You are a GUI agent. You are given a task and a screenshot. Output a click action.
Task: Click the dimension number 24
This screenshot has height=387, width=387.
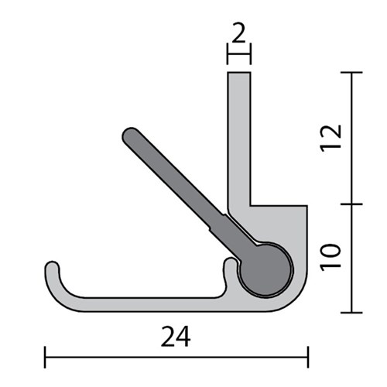[176, 337]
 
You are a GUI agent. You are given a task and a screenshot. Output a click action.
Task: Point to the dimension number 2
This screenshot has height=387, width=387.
[238, 33]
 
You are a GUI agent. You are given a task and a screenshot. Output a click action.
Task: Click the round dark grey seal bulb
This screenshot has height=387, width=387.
[265, 268]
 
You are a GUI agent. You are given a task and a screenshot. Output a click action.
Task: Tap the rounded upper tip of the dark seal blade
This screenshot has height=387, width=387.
[129, 135]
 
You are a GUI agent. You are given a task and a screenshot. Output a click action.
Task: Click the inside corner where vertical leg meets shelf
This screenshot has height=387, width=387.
[251, 205]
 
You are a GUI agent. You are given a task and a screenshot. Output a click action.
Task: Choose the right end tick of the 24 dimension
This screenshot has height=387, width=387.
[307, 357]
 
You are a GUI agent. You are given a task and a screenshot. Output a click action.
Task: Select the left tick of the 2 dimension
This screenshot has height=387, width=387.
[227, 54]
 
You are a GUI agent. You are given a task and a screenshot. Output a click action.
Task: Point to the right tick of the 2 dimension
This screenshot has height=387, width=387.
[250, 54]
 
